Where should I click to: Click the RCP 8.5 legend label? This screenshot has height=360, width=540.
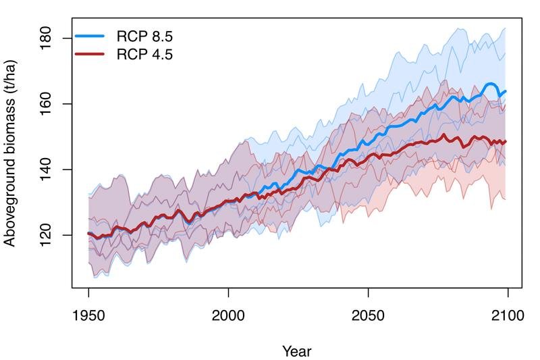pos(144,36)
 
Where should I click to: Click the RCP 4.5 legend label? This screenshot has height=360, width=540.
pos(144,55)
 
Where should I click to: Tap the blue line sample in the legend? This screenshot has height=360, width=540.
pos(90,36)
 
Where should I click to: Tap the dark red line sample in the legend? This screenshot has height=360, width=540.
pos(90,54)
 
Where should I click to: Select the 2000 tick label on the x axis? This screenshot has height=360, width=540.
pos(228,315)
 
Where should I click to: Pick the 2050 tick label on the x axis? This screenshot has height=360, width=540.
pos(368,315)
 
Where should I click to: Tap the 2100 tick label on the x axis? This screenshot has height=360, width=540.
pos(508,315)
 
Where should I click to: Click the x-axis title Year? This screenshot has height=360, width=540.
pos(297,351)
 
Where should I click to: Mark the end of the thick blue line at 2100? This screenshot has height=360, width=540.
pos(506,91)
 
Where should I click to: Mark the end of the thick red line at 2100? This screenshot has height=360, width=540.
pos(506,142)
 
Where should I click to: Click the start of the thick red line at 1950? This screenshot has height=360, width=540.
pos(88,234)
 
